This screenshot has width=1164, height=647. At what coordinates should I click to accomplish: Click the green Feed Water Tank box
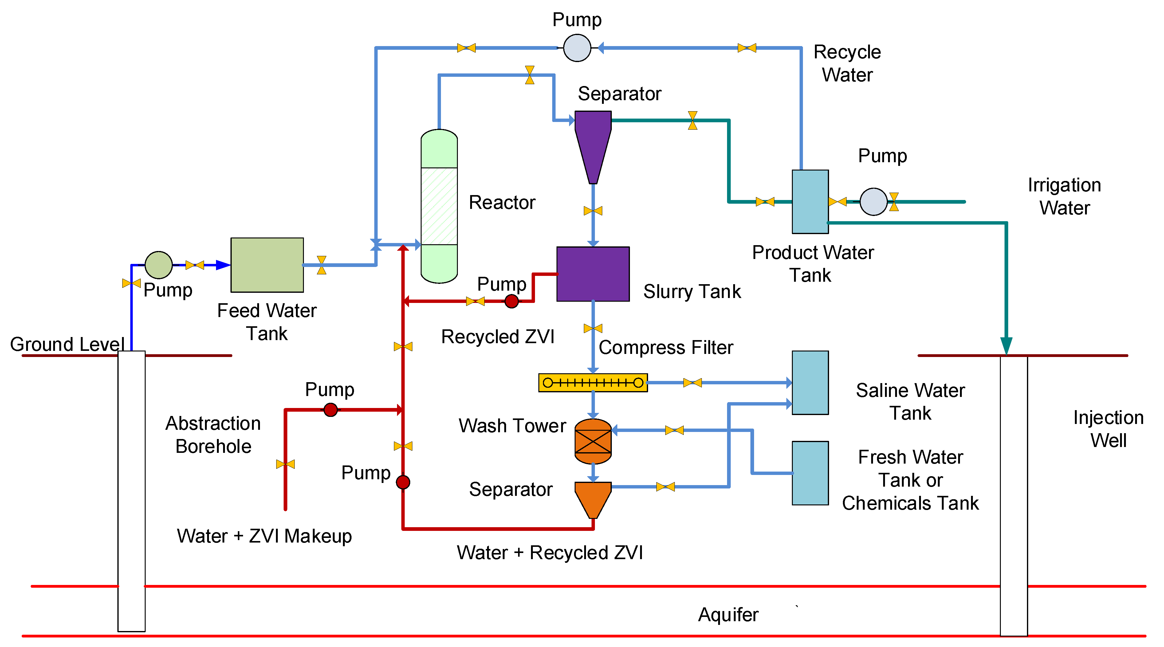coord(267,265)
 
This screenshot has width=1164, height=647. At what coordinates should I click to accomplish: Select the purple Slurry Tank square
coord(593,274)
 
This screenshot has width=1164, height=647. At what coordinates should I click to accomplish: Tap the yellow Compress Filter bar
coord(593,383)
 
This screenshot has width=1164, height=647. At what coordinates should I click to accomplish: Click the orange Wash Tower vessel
coord(593,441)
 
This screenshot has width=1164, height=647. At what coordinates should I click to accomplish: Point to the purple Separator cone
coord(593,140)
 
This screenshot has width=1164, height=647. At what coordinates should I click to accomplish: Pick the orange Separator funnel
coord(593,497)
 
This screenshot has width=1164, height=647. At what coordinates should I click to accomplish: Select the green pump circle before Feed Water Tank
coord(159,265)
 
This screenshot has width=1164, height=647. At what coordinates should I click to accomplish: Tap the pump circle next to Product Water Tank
coord(873,202)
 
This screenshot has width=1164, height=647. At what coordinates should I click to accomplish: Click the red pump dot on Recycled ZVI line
coord(512,301)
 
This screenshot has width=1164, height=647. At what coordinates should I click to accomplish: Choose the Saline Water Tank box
coord(810,383)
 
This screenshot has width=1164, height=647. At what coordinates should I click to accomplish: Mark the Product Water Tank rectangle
coord(810,202)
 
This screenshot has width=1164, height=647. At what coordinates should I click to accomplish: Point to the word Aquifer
coord(728,614)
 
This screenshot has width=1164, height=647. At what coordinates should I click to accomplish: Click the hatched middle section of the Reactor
coord(439,206)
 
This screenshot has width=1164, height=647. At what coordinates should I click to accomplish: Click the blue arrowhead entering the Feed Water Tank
coord(223,265)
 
